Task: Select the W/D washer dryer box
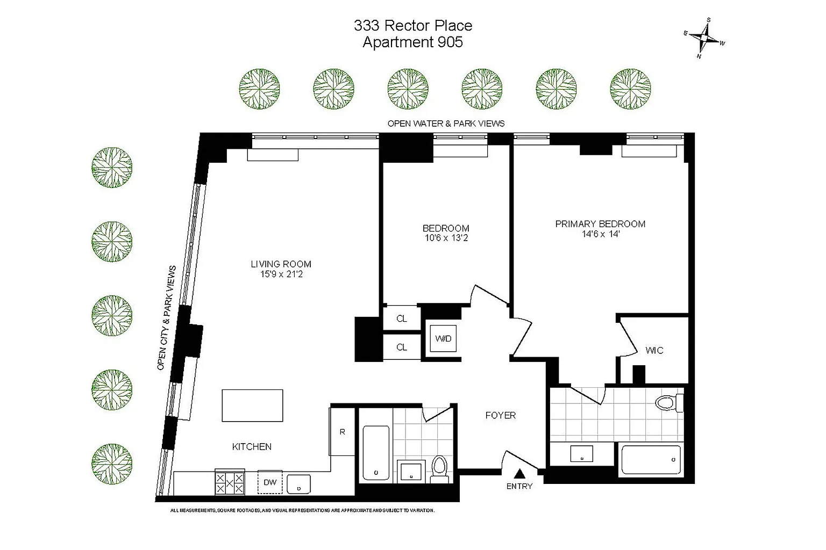[443, 338]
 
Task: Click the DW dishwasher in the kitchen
[270, 482]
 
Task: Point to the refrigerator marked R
[343, 432]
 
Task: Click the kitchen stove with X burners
[230, 482]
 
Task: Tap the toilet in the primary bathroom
[667, 402]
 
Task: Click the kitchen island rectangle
[252, 406]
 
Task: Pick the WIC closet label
[654, 350]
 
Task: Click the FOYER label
[500, 415]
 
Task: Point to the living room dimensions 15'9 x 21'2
[281, 274]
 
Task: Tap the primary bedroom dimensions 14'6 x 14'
[600, 234]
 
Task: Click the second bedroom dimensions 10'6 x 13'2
[446, 238]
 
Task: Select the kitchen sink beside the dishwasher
[298, 483]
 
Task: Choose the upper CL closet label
[401, 319]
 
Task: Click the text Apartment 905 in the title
[412, 42]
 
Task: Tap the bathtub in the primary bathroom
[651, 460]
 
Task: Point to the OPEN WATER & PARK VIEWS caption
[446, 124]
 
